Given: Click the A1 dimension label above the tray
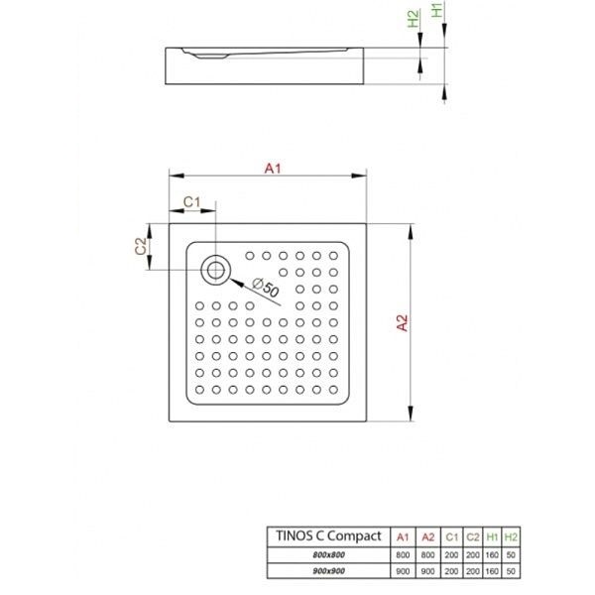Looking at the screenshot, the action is [273, 169].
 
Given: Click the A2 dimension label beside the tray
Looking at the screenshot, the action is [403, 323].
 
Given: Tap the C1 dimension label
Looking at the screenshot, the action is [191, 202].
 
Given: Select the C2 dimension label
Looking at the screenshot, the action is [141, 246].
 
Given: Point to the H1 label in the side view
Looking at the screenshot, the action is [437, 10].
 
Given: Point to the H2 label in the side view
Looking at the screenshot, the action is [414, 18].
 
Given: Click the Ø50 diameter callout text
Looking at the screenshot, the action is [266, 288].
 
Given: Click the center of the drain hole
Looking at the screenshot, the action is [215, 271].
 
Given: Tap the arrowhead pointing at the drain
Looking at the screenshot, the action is [237, 283].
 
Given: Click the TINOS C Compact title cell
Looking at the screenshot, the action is [328, 536].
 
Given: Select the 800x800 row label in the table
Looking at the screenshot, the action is [328, 554].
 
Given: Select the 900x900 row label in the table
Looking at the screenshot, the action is [328, 571].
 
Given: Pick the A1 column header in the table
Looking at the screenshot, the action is [403, 536].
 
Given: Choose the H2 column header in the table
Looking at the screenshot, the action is [511, 536].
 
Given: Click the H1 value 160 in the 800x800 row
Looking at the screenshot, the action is [492, 554].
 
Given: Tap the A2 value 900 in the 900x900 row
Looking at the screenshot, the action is [427, 571].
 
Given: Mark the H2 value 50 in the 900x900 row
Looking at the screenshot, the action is [511, 571].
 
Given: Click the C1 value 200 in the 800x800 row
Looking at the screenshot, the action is [451, 554].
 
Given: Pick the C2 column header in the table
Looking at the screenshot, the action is [473, 536].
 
